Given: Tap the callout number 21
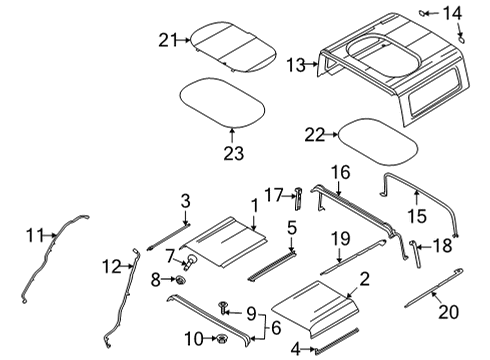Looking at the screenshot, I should click(x=166, y=39).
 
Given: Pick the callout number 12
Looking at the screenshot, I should click(x=112, y=266).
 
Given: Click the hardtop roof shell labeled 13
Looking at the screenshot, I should click(x=390, y=70).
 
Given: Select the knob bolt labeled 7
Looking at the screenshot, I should click(x=188, y=264).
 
